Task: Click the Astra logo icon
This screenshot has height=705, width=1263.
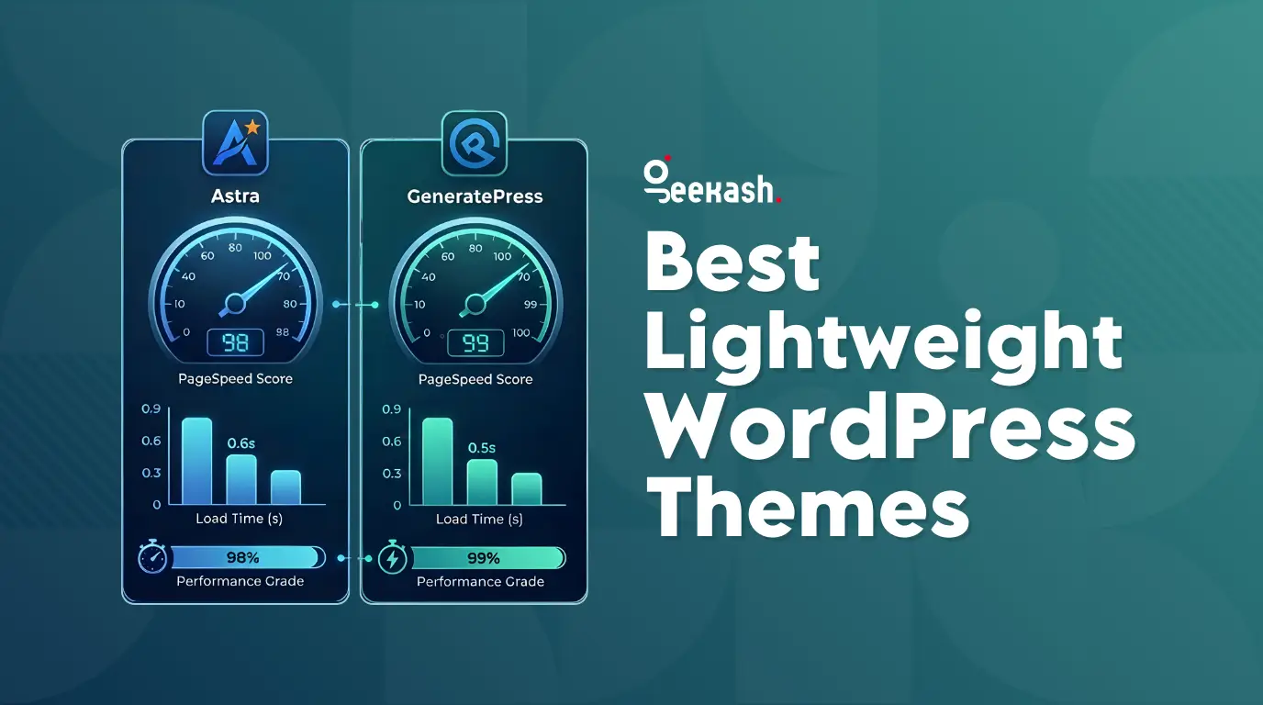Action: [x=235, y=142]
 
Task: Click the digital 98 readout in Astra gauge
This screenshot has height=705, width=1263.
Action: [x=235, y=342]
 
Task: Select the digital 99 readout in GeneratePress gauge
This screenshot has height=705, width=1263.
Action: [x=475, y=343]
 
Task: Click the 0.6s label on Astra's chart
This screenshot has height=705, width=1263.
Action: [x=241, y=443]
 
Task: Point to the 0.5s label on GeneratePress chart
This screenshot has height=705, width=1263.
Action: [x=481, y=448]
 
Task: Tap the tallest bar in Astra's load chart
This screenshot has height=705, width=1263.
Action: [x=196, y=461]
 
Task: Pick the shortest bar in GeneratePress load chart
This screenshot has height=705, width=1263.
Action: [x=526, y=488]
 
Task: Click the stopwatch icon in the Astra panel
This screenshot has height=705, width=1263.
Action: [x=152, y=558]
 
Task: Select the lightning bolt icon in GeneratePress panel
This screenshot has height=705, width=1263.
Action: [x=393, y=558]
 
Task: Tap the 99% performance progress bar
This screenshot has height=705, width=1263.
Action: [x=487, y=558]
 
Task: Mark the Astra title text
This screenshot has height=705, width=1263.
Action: [x=235, y=196]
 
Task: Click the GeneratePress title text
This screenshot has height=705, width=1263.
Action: [x=475, y=196]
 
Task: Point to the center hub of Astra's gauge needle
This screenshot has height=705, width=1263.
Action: [x=235, y=302]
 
